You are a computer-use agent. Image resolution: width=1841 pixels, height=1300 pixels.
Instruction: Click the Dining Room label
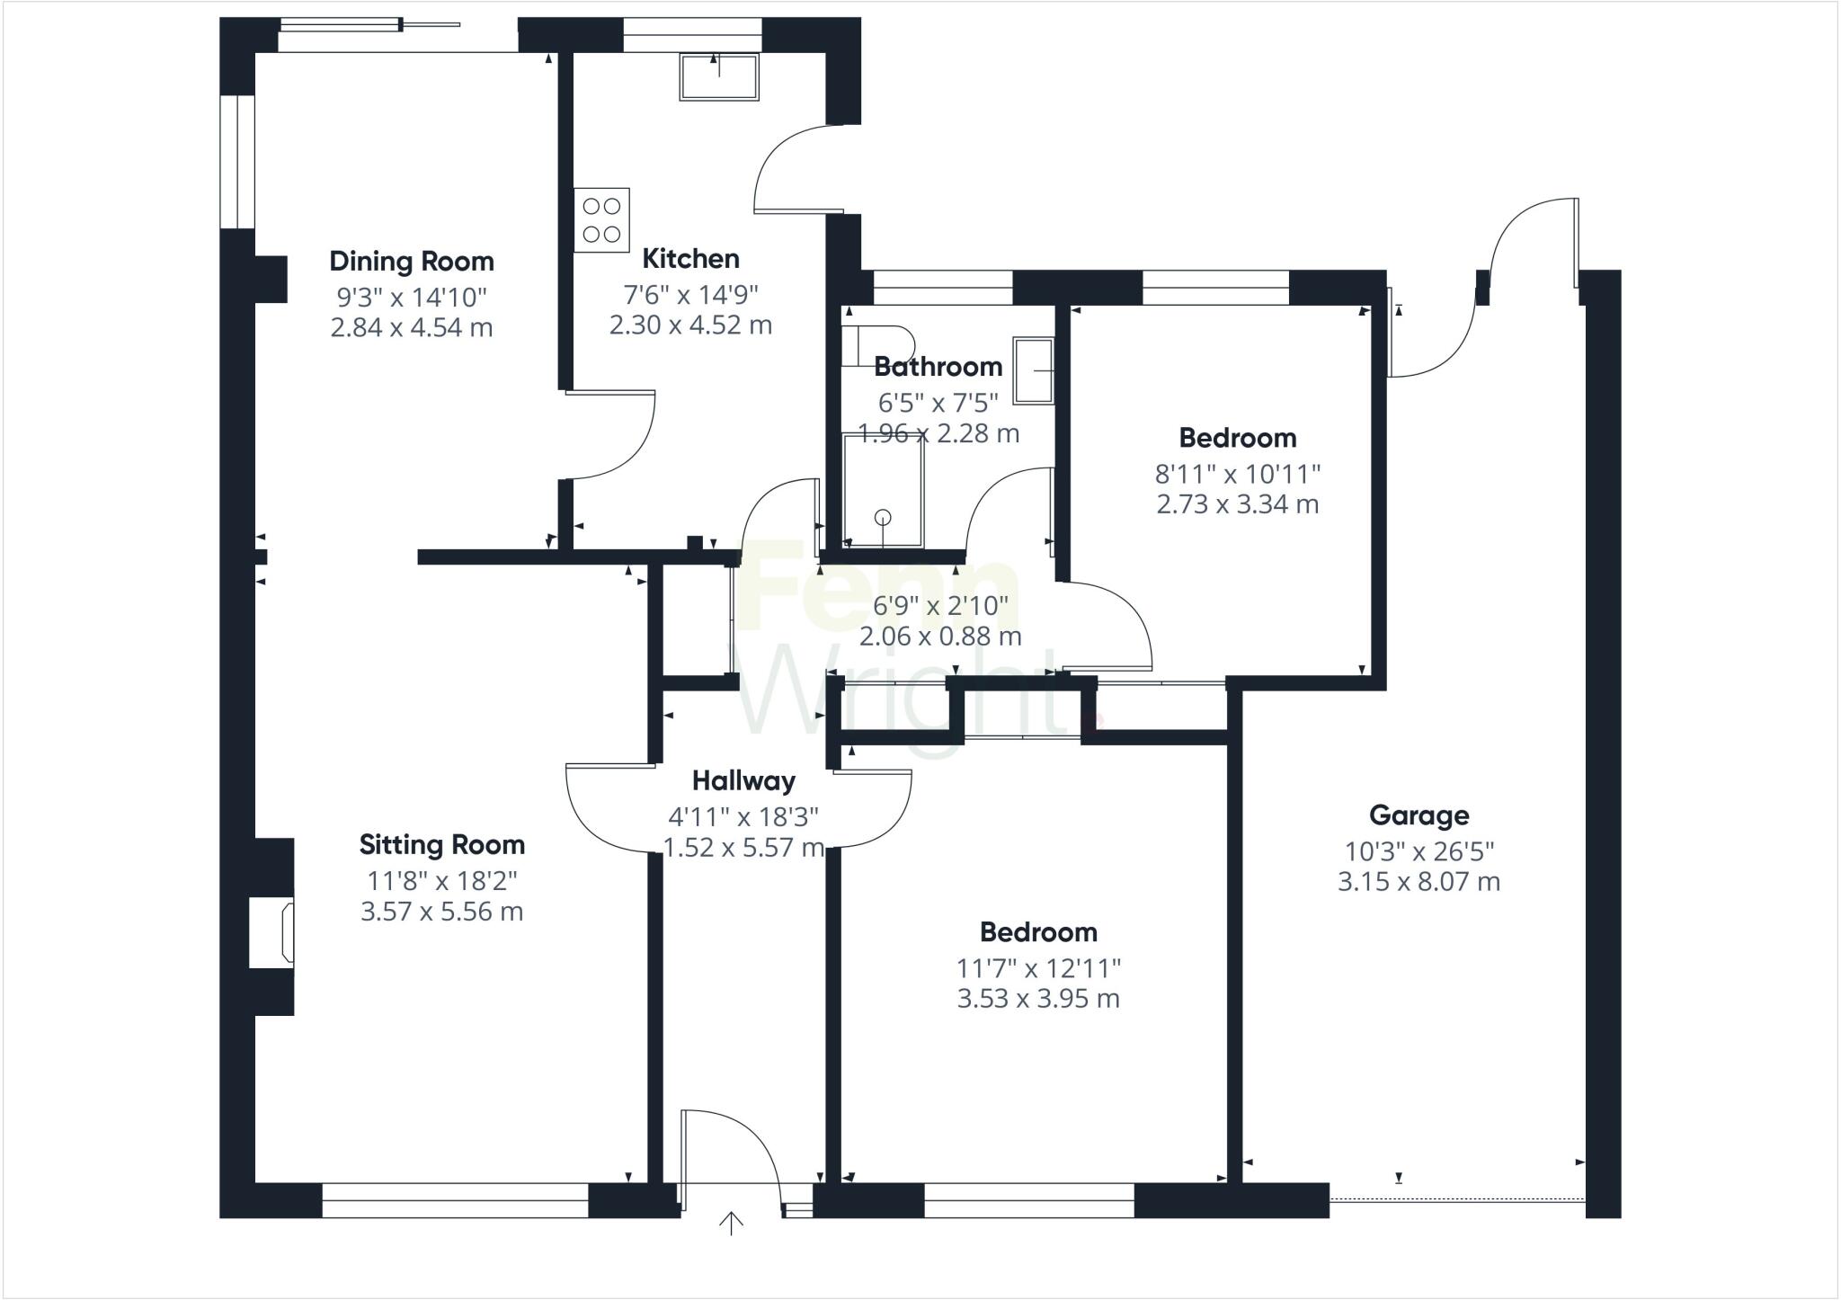click(x=412, y=262)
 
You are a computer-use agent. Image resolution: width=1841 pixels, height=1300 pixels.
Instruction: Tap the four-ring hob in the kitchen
click(x=602, y=220)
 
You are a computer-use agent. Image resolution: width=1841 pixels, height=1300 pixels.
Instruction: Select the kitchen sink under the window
click(x=718, y=76)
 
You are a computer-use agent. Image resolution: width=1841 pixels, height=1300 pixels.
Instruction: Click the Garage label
click(x=1419, y=815)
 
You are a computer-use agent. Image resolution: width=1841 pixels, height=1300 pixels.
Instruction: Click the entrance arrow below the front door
click(x=732, y=1224)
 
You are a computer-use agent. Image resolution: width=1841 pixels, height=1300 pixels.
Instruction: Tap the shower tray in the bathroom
click(x=883, y=490)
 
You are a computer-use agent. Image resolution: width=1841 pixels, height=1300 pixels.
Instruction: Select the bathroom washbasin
click(x=1034, y=370)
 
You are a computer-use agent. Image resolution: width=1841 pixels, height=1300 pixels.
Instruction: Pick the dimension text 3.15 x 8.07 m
click(x=1419, y=882)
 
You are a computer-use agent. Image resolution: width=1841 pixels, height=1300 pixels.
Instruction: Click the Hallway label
click(x=743, y=780)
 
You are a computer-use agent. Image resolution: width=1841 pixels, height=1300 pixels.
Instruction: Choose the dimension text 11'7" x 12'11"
click(x=1038, y=968)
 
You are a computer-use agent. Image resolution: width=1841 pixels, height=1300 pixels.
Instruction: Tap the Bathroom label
click(x=938, y=367)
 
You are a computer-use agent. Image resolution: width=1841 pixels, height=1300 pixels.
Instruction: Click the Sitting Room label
click(x=441, y=845)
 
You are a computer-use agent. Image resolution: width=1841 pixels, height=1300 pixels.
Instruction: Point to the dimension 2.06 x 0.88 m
click(x=939, y=637)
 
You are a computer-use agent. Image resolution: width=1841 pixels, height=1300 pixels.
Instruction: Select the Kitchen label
click(x=690, y=259)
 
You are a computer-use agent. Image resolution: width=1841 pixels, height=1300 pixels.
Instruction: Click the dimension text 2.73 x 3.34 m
click(x=1237, y=504)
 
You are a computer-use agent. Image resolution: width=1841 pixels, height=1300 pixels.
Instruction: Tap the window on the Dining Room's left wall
click(x=238, y=162)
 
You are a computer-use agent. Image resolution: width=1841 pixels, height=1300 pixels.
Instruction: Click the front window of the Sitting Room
click(x=455, y=1200)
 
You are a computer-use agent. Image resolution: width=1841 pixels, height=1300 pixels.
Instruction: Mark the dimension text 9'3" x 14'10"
click(x=412, y=297)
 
